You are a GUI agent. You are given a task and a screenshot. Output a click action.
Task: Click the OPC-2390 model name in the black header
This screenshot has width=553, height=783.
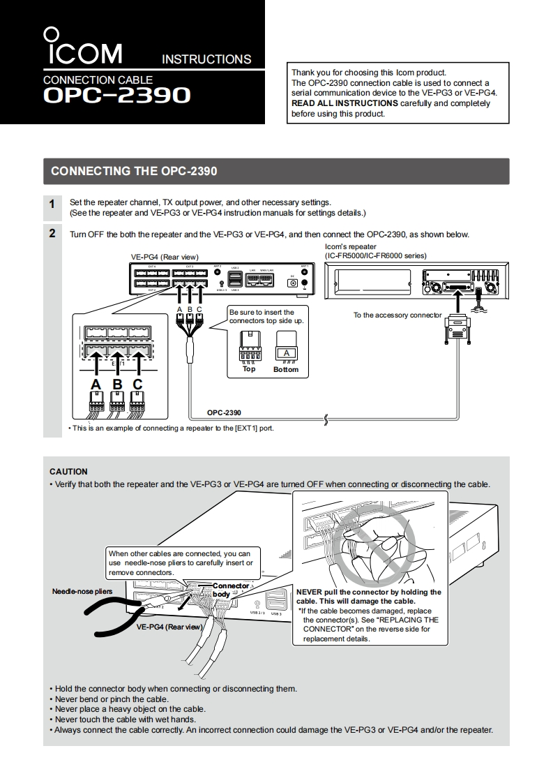coord(116,95)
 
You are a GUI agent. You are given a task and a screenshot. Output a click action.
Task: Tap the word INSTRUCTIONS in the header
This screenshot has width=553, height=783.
coord(206,59)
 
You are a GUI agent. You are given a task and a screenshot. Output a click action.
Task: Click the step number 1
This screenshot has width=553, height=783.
coord(52,204)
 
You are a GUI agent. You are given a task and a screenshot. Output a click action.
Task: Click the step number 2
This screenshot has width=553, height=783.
coord(52,234)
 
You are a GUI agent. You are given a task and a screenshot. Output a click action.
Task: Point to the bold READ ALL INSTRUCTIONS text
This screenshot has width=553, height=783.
coord(344,103)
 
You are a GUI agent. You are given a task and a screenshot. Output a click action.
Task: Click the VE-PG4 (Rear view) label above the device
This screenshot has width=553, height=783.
coord(165,257)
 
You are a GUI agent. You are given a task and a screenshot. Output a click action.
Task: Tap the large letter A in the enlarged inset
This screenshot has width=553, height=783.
coord(96,385)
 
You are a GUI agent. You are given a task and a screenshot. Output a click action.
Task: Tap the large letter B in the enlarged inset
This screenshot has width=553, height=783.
coord(117,385)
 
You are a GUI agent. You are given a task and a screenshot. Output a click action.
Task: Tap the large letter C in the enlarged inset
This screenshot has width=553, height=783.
coord(138,385)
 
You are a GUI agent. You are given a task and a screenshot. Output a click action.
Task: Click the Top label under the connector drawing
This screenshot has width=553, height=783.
coord(249,369)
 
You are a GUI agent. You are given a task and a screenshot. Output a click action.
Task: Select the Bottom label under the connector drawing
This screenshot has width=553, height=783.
coord(286,370)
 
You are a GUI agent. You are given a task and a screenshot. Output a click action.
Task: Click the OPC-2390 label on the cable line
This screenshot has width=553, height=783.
coord(224,412)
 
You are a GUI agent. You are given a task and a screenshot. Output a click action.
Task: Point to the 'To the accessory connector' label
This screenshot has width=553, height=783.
coord(397,315)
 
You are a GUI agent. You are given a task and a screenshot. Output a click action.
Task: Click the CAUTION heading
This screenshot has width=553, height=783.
coord(68,472)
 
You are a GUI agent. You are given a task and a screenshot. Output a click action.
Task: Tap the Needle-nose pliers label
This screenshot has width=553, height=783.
coord(82,592)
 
